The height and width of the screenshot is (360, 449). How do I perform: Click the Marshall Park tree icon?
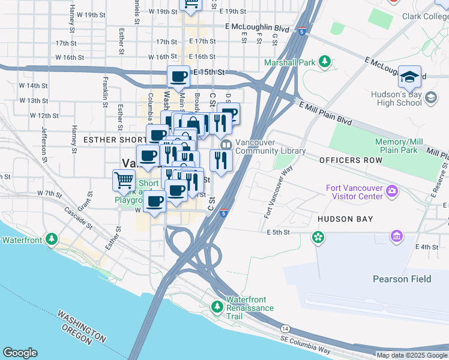pyautogui.click(x=325, y=62)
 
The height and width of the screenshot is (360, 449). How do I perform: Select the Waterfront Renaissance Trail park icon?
pyautogui.click(x=217, y=308)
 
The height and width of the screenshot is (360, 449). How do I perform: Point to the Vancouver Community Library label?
pyautogui.click(x=270, y=147)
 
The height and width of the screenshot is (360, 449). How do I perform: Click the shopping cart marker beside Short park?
pyautogui.click(x=124, y=179)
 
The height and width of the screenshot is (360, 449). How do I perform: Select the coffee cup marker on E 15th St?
pyautogui.click(x=178, y=77)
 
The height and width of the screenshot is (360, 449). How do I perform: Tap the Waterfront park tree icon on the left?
pyautogui.click(x=52, y=239)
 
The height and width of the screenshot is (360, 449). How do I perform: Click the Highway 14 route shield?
pyautogui.click(x=285, y=328)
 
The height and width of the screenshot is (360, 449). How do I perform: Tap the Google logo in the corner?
pyautogui.click(x=20, y=353)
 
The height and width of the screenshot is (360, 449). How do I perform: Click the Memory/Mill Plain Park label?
pyautogui.click(x=399, y=145)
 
